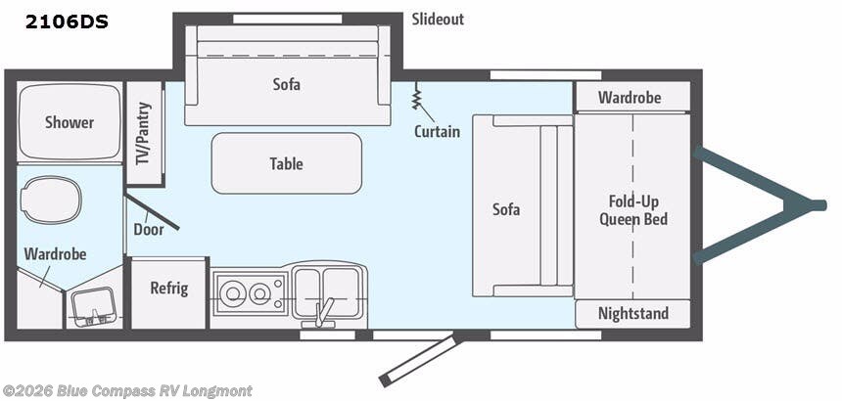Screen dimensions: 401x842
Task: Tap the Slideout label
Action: (x=438, y=20)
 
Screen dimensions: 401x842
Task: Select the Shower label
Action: (x=70, y=122)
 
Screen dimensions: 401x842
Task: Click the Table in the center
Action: (x=287, y=163)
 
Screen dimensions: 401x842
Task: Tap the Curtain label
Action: (x=437, y=131)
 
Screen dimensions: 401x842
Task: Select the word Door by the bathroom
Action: (x=149, y=230)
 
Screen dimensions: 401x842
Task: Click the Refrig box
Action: (x=169, y=290)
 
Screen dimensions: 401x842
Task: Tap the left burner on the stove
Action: (x=232, y=292)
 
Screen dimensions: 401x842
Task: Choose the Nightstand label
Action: (x=633, y=314)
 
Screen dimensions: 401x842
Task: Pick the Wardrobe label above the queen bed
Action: (x=630, y=98)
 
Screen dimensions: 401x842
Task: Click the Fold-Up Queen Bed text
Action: (x=632, y=210)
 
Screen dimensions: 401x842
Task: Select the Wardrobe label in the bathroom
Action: (x=56, y=254)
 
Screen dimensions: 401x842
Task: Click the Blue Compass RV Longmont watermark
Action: (x=127, y=391)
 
